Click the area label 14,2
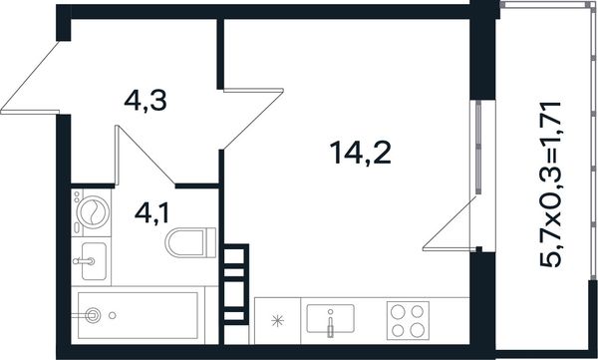[361, 153]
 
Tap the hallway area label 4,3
[146, 102]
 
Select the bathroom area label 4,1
[151, 213]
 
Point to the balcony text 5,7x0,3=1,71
[550, 184]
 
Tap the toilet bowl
[190, 242]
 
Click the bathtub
[138, 315]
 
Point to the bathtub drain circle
[112, 315]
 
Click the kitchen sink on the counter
[330, 318]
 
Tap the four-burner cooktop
[408, 321]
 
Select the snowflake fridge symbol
[277, 321]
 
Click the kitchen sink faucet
[330, 324]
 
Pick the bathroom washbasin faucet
[84, 261]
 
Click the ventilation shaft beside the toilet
[234, 284]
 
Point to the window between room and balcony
[478, 147]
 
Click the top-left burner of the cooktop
[398, 311]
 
